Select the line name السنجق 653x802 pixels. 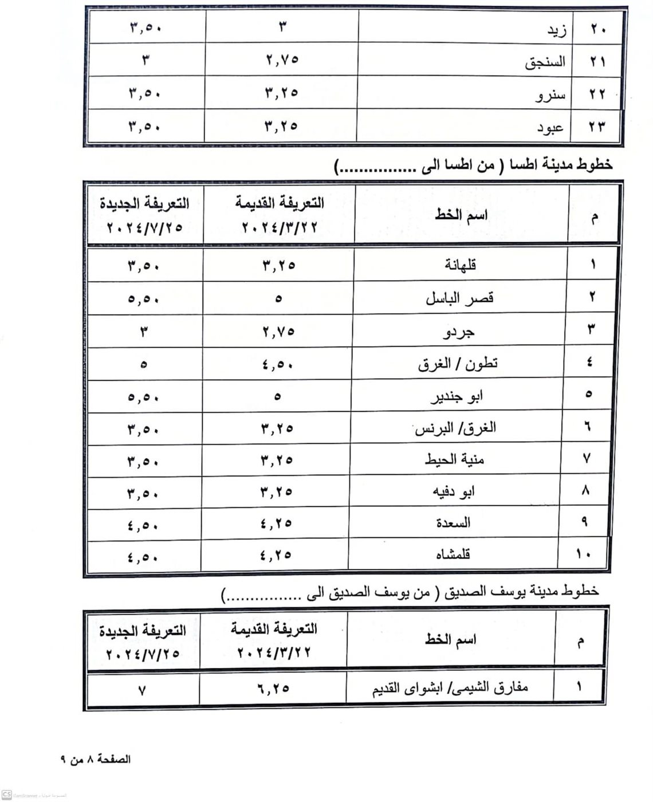click(x=545, y=62)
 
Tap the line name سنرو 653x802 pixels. click(x=550, y=95)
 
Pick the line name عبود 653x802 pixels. click(x=550, y=127)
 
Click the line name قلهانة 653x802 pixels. click(x=461, y=265)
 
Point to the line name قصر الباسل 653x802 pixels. click(x=459, y=298)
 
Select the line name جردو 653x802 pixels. click(x=459, y=331)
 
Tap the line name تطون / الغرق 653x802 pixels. click(x=458, y=364)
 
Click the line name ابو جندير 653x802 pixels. click(x=457, y=396)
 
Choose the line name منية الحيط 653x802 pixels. click(x=455, y=459)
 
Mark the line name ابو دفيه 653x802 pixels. click(x=454, y=492)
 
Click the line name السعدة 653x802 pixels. click(x=453, y=522)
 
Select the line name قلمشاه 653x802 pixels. click(x=453, y=554)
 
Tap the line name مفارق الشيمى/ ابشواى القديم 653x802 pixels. click(x=450, y=687)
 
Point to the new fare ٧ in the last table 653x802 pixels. click(x=142, y=690)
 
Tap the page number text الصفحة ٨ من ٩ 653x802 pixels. click(x=96, y=760)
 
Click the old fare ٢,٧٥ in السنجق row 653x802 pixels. click(x=282, y=60)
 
